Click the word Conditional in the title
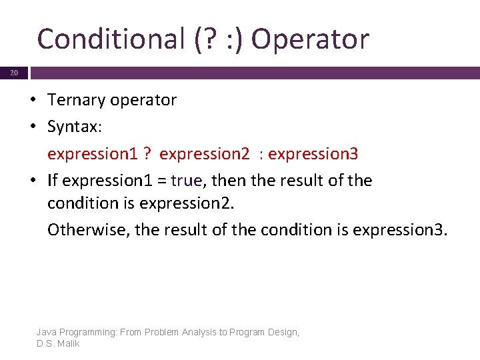coord(106,39)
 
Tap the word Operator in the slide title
coord(310,39)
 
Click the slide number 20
coord(14,73)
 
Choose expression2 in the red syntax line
coord(202,154)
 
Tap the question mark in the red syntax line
coord(145,154)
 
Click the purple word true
coord(187,181)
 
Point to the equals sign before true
coord(161,181)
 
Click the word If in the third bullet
coord(53,181)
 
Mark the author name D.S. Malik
coord(58,343)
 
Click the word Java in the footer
coord(47,332)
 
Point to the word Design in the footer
coord(283,332)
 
